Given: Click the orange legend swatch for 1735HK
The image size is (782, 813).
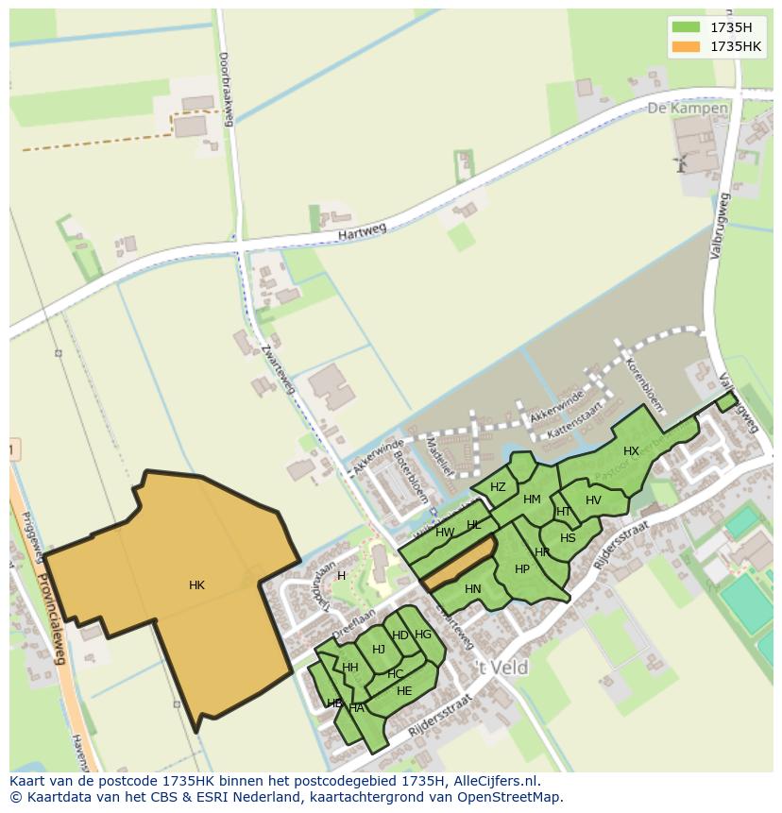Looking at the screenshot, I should [x=686, y=46].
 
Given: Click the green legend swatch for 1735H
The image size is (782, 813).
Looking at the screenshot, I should [x=686, y=27].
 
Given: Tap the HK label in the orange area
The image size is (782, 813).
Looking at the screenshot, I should [x=196, y=585].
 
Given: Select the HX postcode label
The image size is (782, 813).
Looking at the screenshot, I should [x=631, y=451].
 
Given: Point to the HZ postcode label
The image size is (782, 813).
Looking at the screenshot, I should [x=498, y=487].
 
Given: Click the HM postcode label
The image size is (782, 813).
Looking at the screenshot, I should [x=532, y=500].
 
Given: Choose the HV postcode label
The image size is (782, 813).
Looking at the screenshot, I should [x=593, y=500].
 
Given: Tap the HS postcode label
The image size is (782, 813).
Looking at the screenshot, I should [x=568, y=538].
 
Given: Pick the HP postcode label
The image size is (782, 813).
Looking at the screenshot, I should [x=522, y=569].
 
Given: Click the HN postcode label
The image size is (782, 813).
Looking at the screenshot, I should [x=473, y=589].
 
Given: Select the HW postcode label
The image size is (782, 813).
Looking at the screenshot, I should [x=445, y=533].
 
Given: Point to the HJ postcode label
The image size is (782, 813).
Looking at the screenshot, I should [x=379, y=649].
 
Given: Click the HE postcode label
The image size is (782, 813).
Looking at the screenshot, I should [x=404, y=691].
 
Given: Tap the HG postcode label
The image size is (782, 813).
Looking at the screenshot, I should [x=423, y=635].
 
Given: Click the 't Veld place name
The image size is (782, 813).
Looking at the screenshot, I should [x=501, y=668].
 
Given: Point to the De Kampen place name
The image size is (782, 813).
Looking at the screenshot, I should [x=688, y=109].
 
